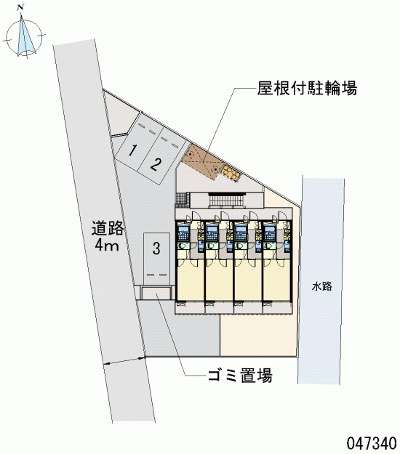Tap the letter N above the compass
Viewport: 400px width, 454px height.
(20, 8)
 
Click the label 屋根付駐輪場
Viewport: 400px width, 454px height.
(307, 88)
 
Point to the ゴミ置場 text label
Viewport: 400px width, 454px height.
(240, 376)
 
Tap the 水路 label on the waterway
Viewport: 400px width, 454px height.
(321, 287)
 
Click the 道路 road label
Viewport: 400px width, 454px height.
(108, 228)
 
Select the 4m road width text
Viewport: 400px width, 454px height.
(107, 246)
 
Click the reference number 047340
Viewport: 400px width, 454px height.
(372, 442)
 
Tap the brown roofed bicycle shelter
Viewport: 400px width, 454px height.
(202, 162)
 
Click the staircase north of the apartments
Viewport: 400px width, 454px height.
(227, 201)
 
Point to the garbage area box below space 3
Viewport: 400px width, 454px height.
(156, 293)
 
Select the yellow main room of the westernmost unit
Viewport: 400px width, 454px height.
(191, 280)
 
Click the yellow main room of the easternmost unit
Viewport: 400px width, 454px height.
(277, 280)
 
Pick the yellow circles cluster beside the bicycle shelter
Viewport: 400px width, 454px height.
(231, 173)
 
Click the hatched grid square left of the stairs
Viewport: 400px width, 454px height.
(183, 200)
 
